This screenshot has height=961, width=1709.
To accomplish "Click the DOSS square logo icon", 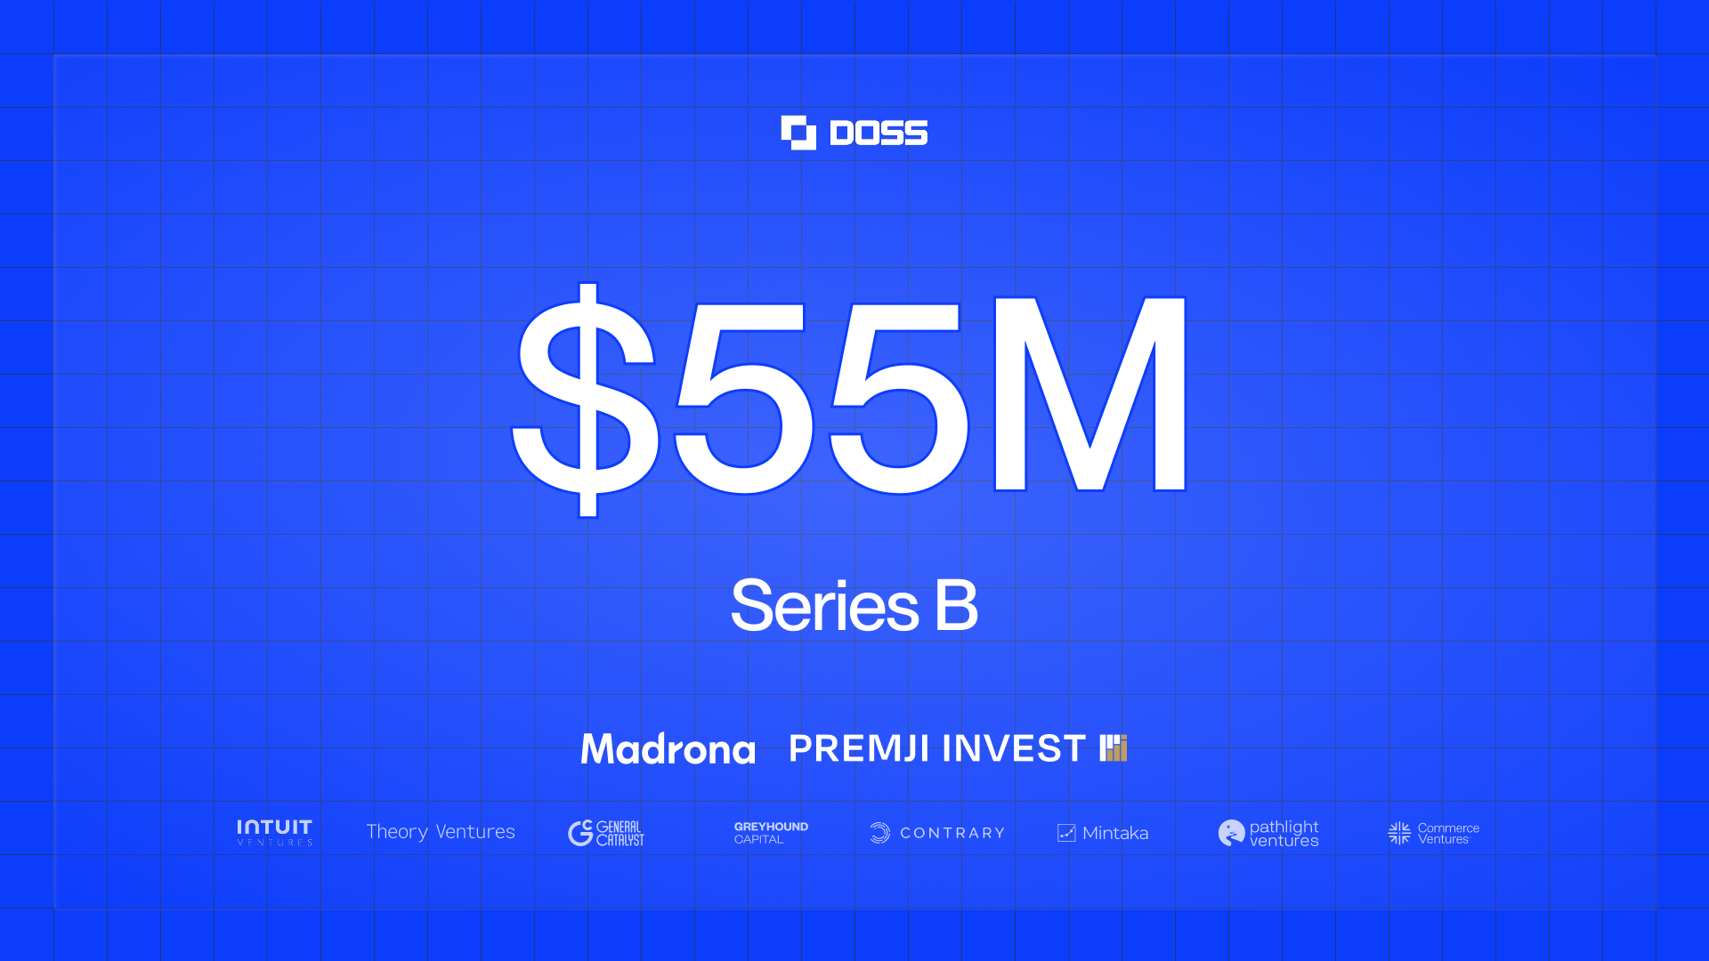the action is [798, 133].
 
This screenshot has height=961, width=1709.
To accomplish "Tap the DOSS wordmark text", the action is [879, 133].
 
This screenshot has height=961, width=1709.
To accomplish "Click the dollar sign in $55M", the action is [586, 400].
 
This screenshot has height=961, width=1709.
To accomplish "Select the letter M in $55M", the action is [1090, 393].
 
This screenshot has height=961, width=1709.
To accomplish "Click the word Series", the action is [824, 605].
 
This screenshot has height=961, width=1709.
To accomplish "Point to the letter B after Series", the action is [957, 605].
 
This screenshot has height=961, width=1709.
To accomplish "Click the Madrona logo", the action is [668, 748].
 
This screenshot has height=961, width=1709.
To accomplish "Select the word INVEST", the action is [1013, 748].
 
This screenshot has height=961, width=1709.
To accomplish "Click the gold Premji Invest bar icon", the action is [1114, 748].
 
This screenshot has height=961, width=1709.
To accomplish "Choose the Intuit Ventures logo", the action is [274, 832].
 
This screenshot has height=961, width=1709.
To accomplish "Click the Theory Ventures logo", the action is [441, 832].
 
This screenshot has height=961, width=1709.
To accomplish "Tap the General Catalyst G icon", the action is [580, 833].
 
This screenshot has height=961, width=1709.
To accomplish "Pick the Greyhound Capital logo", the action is [771, 833].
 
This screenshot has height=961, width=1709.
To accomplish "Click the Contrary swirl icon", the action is [879, 833].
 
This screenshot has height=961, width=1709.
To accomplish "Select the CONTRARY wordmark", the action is [952, 833].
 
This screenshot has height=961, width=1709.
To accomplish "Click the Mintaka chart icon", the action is [1066, 833].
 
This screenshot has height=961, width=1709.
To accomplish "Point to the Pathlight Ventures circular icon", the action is [1231, 833].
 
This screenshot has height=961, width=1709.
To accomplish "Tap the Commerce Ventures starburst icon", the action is [1399, 833].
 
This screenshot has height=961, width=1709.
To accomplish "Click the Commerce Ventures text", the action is [1448, 834].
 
